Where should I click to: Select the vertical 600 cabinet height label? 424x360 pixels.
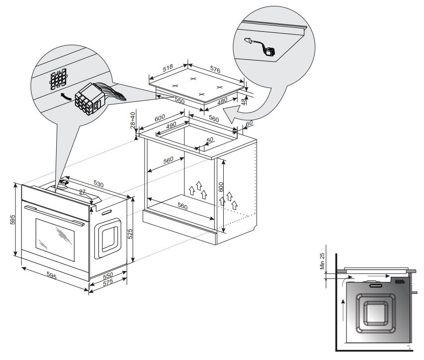tap(222, 189)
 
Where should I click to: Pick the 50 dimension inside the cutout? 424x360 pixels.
tap(209, 140)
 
